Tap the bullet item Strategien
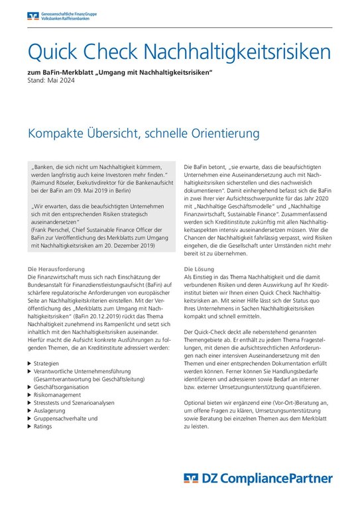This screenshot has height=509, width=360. coord(48,363)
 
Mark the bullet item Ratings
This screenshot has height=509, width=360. coord(44,426)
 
